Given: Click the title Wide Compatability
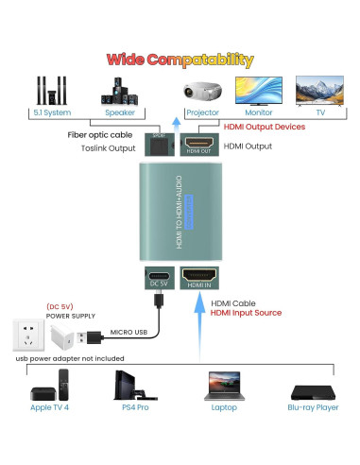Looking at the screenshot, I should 180,60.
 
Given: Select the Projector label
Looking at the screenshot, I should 201,112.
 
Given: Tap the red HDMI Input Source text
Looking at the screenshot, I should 246,313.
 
